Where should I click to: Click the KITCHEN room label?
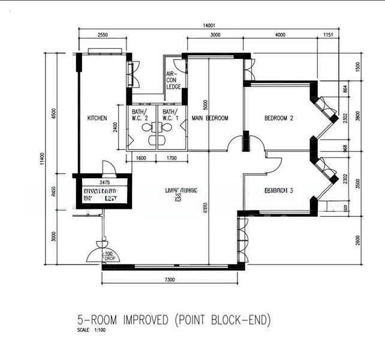[97, 118]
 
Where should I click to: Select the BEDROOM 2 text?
[279, 118]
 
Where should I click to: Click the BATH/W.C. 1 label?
[170, 115]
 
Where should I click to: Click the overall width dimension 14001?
[209, 25]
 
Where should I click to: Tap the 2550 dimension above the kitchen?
[103, 35]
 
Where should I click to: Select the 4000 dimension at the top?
[280, 35]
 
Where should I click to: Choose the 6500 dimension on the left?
[54, 114]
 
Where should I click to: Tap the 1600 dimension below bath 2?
[142, 159]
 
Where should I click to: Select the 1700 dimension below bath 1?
[171, 159]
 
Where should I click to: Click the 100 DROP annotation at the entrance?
[109, 256]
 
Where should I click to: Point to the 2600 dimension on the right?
[358, 239]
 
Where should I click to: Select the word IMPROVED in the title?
[145, 319]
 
